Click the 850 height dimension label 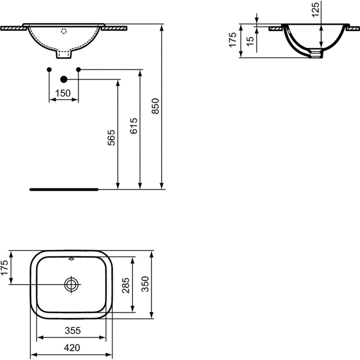pyautogui.click(x=156, y=106)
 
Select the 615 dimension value pyautogui.click(x=134, y=126)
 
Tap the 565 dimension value pyautogui.click(x=111, y=138)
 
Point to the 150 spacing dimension pyautogui.click(x=63, y=94)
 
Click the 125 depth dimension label pyautogui.click(x=316, y=9)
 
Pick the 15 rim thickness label pyautogui.click(x=250, y=41)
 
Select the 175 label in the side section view pyautogui.click(x=233, y=40)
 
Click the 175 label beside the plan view pyautogui.click(x=4, y=267)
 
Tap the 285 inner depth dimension pyautogui.click(x=126, y=285)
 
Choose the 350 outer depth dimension pyautogui.click(x=145, y=284)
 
